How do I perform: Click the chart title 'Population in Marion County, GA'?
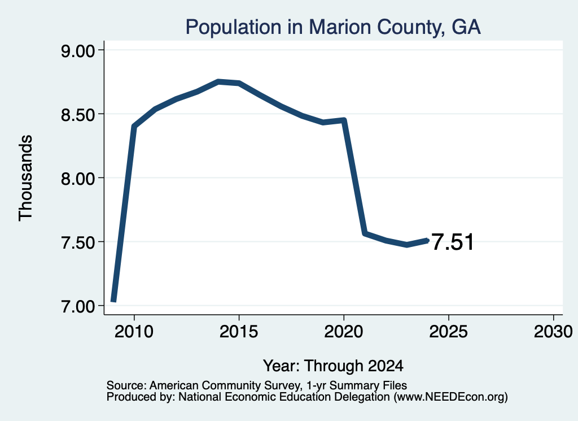(x=333, y=27)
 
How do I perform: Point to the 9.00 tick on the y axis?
(x=78, y=50)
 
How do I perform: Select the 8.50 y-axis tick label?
(x=78, y=114)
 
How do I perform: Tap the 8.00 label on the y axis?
(x=78, y=179)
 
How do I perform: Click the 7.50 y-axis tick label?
(x=78, y=242)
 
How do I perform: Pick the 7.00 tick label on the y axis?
(x=78, y=306)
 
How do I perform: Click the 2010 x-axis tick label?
(x=134, y=331)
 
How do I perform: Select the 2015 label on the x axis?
(x=239, y=331)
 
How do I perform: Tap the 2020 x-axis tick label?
(x=344, y=331)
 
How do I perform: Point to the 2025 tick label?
(x=449, y=331)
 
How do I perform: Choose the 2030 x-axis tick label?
(x=553, y=331)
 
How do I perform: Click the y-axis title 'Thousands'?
(x=26, y=178)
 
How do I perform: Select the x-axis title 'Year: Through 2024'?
(x=333, y=366)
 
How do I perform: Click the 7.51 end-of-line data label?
(x=452, y=242)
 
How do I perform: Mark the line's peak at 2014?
(x=218, y=81)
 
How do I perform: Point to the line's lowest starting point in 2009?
(x=113, y=301)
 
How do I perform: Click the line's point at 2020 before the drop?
(x=344, y=120)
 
